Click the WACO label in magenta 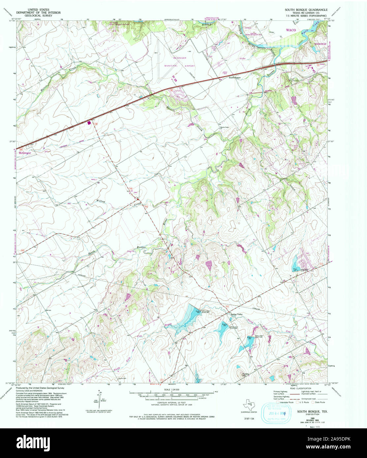click(291, 30)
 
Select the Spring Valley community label click(236, 314)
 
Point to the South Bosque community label click(235, 77)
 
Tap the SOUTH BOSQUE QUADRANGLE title click(306, 10)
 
